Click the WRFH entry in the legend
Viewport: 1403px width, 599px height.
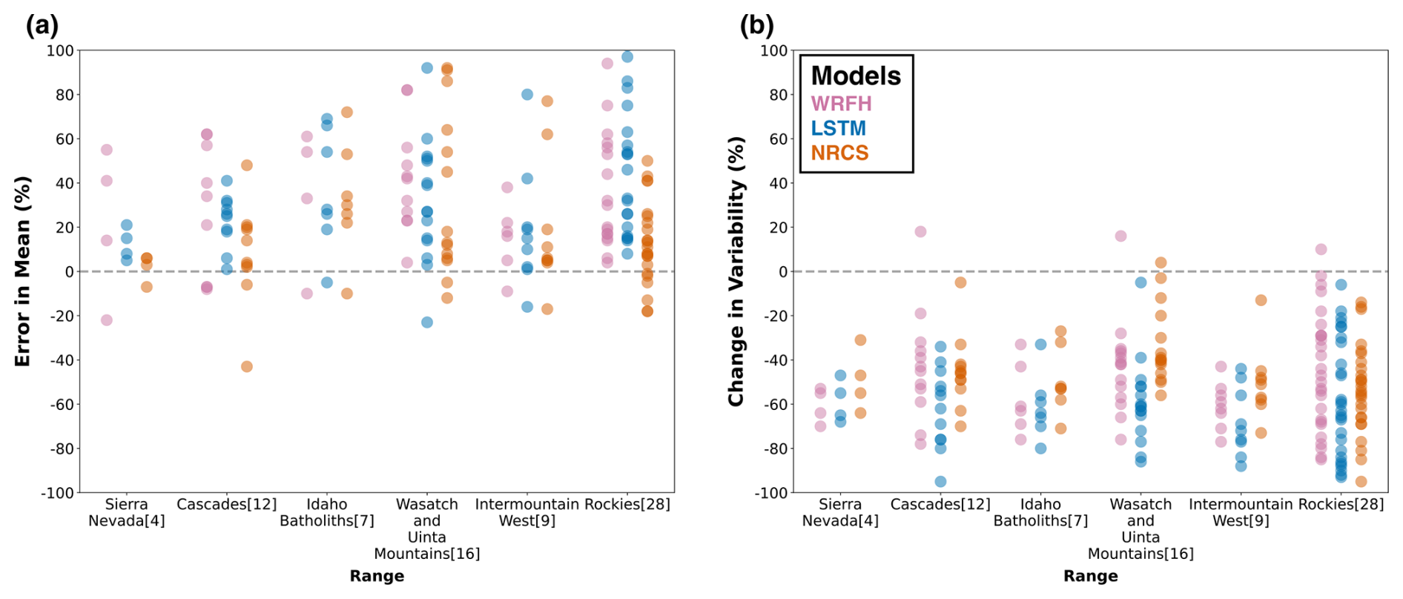(841, 104)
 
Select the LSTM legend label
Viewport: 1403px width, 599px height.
(838, 128)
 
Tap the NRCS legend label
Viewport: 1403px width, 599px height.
(839, 153)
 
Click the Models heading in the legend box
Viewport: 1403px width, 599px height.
(856, 76)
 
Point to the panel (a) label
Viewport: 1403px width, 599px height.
(42, 25)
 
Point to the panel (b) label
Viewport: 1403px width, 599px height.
(756, 25)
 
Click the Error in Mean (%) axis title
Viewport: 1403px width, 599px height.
(22, 271)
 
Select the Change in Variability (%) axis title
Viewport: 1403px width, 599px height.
(736, 271)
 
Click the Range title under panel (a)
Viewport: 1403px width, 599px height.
(377, 576)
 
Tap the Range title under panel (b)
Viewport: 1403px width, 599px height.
(1090, 576)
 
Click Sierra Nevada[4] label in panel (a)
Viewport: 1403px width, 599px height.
(127, 512)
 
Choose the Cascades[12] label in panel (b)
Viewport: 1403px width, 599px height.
(940, 504)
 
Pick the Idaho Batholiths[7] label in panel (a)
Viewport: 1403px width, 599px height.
(327, 512)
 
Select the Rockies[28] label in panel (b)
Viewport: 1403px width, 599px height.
(1341, 504)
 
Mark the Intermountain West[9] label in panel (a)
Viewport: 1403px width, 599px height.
(527, 512)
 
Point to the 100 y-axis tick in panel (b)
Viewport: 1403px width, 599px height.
(773, 50)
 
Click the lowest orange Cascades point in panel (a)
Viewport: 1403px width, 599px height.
(247, 366)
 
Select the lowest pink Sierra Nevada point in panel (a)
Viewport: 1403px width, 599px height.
(107, 320)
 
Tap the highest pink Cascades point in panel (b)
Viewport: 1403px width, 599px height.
(920, 231)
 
